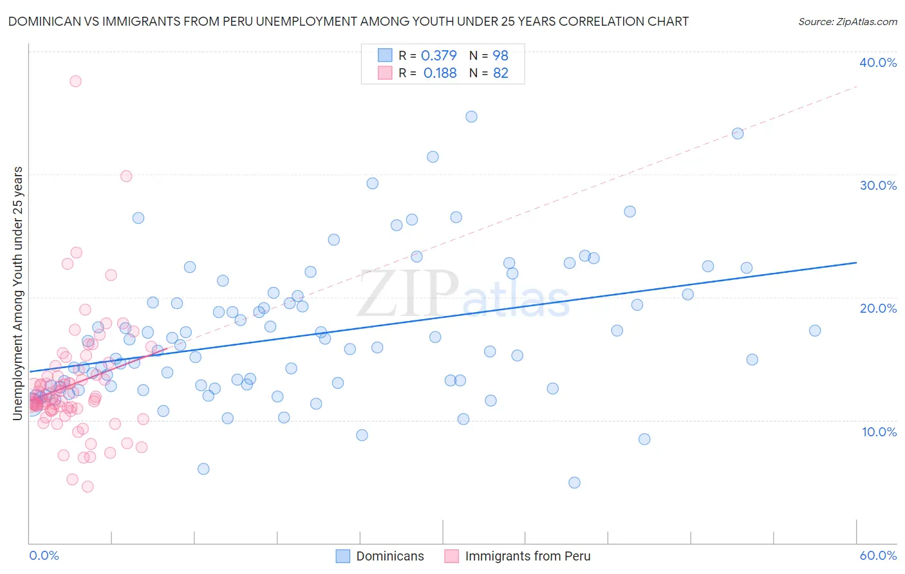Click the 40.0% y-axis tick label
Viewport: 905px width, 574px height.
click(878, 62)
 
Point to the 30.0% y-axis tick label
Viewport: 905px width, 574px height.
click(878, 185)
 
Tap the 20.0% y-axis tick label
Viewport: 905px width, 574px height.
click(878, 308)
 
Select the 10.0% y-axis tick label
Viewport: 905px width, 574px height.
click(879, 432)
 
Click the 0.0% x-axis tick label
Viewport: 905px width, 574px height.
click(44, 555)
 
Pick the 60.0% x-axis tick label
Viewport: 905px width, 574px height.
click(878, 555)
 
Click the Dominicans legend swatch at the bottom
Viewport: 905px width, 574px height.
click(343, 556)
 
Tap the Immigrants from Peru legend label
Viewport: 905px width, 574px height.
click(527, 556)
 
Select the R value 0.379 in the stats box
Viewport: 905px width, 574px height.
click(438, 56)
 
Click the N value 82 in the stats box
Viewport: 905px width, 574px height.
click(500, 73)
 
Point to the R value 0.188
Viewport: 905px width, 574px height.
click(440, 73)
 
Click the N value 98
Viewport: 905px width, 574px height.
click(500, 56)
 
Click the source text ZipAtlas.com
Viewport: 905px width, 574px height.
click(847, 22)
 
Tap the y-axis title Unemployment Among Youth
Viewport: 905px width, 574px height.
click(17, 293)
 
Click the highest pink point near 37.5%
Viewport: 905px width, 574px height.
click(75, 81)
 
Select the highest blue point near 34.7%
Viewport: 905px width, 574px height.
click(471, 116)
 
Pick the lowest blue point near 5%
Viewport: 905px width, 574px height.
click(574, 483)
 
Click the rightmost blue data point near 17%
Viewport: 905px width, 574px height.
click(815, 331)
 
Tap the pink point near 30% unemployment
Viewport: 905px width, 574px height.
click(126, 176)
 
